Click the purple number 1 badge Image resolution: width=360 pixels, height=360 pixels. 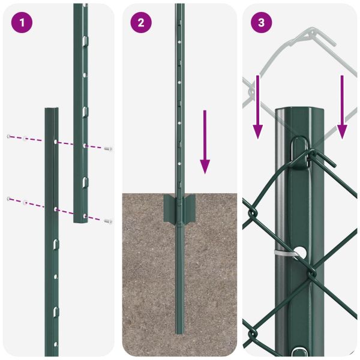pos(22,23)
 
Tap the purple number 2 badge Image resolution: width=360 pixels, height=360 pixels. pos(141,23)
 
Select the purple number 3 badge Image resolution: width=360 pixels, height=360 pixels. pos(261,23)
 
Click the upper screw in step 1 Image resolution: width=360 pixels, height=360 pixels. pos(108,148)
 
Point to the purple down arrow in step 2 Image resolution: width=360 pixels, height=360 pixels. pos(205,142)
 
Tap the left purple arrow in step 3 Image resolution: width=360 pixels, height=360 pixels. pos(257,106)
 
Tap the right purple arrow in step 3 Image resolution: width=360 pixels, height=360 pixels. pos(342,106)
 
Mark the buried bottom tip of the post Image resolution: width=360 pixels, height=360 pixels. pos(179,331)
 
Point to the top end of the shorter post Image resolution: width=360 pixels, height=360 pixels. pos(52,110)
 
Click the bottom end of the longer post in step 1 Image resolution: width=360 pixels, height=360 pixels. pos(81,220)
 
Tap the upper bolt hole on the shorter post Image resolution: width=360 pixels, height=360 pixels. pos(55,142)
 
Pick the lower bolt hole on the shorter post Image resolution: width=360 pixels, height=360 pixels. pos(55,209)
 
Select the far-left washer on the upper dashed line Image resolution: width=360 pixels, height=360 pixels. pos(8,136)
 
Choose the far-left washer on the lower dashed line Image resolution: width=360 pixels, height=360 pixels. pos(8,198)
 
